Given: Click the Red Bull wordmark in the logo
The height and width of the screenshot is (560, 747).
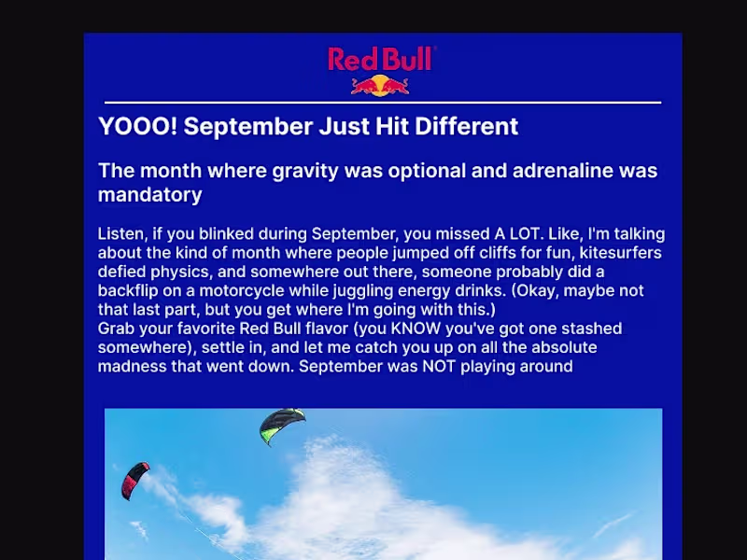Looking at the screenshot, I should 381,60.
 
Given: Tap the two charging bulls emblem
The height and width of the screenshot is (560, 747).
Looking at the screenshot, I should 380,85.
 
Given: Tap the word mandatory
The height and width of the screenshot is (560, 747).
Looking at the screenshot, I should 149,195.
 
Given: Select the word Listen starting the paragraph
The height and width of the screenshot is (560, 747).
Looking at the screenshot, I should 121,233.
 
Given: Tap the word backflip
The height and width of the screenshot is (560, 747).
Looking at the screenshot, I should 128,291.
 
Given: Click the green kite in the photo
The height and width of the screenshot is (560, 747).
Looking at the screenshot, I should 282,425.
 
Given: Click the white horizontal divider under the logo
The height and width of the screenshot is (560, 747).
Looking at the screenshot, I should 383,102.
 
